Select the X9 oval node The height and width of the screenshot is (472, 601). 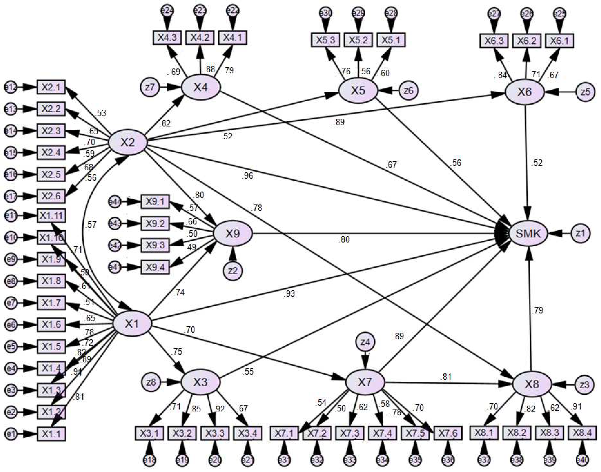pyautogui.click(x=233, y=234)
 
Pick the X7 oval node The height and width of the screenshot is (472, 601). pyautogui.click(x=365, y=382)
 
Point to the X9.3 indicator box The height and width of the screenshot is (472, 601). pyautogui.click(x=155, y=245)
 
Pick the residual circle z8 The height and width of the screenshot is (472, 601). pyautogui.click(x=151, y=382)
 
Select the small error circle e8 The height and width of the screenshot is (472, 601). pyautogui.click(x=11, y=281)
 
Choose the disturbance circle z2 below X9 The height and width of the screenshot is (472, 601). pyautogui.click(x=233, y=271)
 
